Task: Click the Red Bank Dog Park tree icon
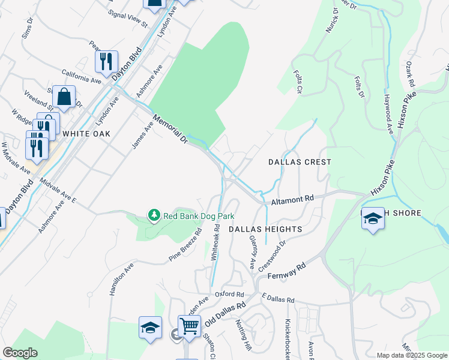[x=154, y=215]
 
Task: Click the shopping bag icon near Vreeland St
[x=64, y=97]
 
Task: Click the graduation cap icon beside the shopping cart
[x=150, y=328]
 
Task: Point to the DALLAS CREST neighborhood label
[x=300, y=162]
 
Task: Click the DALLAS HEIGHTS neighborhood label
[x=265, y=230]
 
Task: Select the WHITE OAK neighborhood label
[x=86, y=134]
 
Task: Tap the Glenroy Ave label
[x=253, y=252]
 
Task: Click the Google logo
[x=20, y=353]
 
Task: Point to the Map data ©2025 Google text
[x=412, y=355]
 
